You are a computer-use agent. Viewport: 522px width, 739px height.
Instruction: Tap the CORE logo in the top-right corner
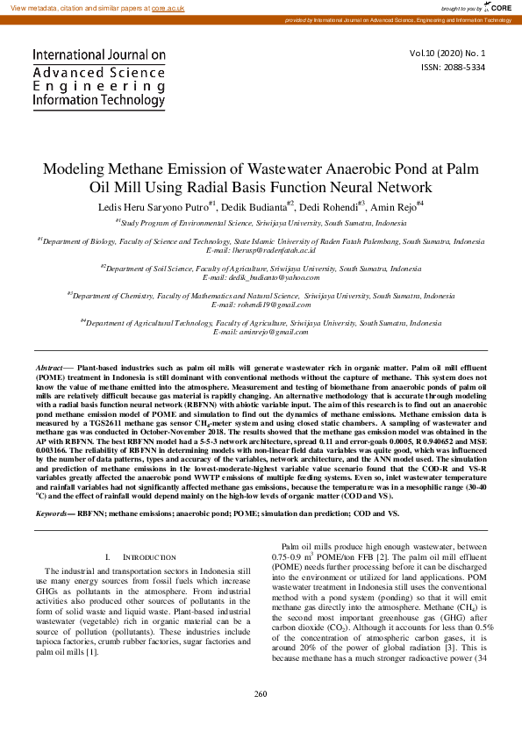click(499, 7)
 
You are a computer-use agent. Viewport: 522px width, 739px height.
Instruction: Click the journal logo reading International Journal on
click(99, 54)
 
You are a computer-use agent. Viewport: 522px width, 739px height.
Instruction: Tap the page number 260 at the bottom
click(261, 718)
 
